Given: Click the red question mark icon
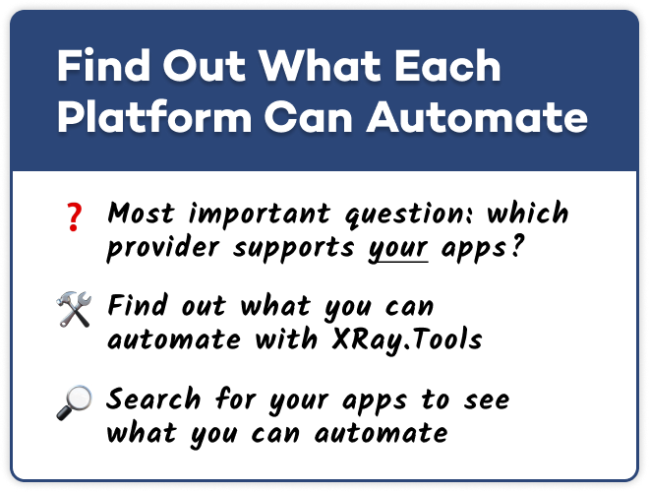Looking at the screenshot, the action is click(75, 217).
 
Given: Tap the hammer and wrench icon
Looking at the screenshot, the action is click(74, 309).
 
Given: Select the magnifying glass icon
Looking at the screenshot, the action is click(74, 402).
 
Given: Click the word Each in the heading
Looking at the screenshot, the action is click(447, 65).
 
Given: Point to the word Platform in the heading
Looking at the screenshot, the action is click(154, 116).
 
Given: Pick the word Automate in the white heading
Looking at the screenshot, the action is click(477, 116).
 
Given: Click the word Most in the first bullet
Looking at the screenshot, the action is click(141, 213).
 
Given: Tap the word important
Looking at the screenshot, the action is click(260, 215).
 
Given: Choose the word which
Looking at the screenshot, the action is click(527, 213).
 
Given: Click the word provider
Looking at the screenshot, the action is click(162, 249).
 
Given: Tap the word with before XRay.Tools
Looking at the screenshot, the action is click(286, 339).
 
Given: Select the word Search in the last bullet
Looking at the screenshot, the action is click(153, 399).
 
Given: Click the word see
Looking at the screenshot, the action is click(487, 400).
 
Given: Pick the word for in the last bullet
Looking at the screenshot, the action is click(236, 399).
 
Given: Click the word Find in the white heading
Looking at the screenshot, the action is click(103, 65).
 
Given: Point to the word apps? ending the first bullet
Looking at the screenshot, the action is click(483, 249).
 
